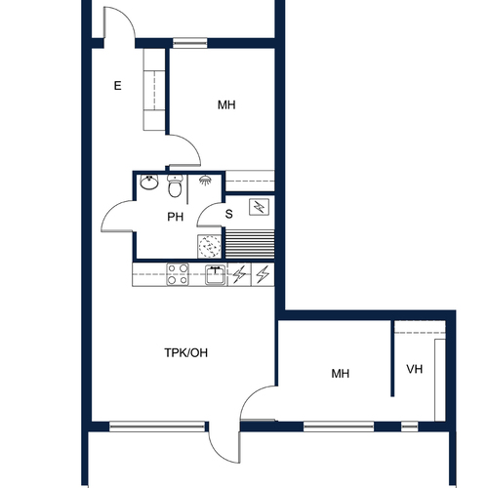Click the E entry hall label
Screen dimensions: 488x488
(x=117, y=86)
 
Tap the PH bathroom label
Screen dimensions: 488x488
(x=176, y=217)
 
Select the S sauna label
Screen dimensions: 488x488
(x=229, y=214)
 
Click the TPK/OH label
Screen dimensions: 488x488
(x=186, y=352)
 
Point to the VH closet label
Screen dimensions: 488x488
(x=415, y=369)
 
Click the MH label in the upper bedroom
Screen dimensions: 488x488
(x=226, y=105)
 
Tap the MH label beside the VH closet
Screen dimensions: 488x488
(x=341, y=374)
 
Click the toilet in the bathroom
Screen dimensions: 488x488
(x=175, y=185)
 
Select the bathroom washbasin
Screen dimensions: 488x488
(x=149, y=182)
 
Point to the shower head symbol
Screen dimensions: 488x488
(x=205, y=180)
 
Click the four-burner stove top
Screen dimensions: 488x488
(x=178, y=274)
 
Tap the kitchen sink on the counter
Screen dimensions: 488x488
(x=216, y=275)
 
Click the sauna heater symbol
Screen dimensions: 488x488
(x=260, y=207)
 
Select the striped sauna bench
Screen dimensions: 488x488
(x=250, y=244)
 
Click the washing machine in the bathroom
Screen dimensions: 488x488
(x=209, y=247)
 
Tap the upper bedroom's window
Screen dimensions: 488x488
(x=190, y=43)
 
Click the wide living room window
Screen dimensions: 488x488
(x=157, y=427)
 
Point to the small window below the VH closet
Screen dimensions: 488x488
(x=409, y=427)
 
